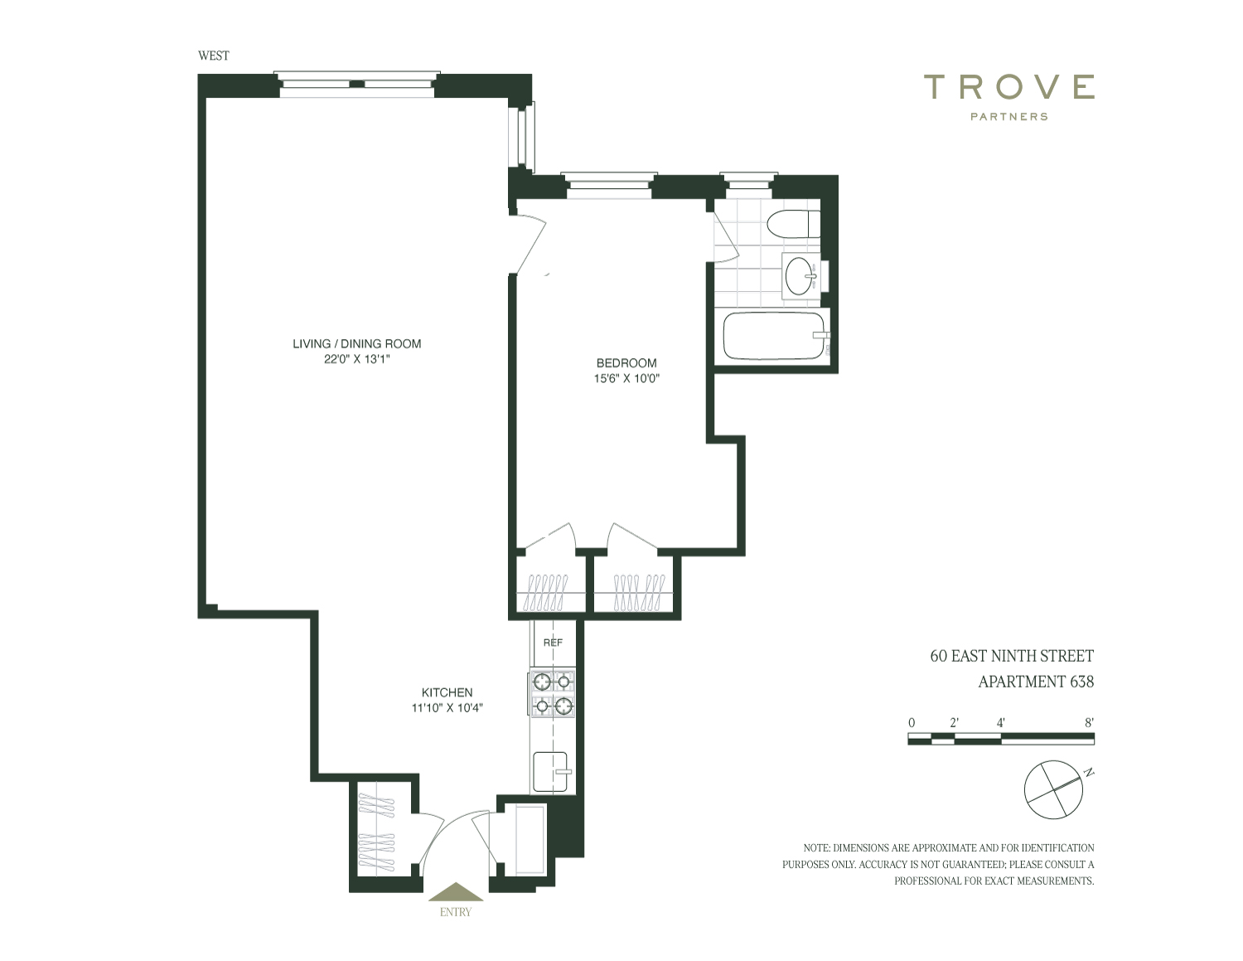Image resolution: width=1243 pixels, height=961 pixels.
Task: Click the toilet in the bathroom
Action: click(x=793, y=225)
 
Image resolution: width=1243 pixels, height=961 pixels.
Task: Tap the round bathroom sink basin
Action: click(x=801, y=276)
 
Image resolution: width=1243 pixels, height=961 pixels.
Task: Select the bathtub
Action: click(x=776, y=335)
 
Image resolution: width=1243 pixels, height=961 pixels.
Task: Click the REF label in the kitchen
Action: click(x=553, y=643)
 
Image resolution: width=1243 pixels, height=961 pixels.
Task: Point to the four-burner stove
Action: click(x=552, y=692)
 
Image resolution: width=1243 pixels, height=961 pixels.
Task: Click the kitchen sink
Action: click(x=551, y=772)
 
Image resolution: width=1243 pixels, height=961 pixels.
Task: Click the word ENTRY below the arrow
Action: click(x=455, y=912)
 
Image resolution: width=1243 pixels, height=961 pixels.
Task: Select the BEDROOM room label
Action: click(x=626, y=363)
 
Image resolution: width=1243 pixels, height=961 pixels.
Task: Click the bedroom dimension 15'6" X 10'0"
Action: click(x=626, y=378)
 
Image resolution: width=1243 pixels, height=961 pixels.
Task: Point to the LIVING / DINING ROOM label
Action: click(x=357, y=343)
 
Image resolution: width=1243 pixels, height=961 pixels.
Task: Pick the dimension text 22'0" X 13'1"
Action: click(x=357, y=360)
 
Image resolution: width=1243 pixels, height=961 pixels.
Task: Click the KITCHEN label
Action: click(x=447, y=692)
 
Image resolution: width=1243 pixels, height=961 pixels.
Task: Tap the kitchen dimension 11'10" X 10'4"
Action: click(x=447, y=708)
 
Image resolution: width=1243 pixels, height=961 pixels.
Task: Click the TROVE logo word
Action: click(x=1009, y=86)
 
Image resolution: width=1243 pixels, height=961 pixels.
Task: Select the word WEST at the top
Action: click(x=213, y=56)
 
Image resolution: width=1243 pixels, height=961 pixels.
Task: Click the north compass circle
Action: click(x=1053, y=790)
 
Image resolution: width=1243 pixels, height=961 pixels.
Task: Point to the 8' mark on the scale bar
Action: click(x=1089, y=723)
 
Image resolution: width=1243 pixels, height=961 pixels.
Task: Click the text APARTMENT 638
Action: click(x=1036, y=682)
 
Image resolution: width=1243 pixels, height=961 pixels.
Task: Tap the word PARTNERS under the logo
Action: click(x=1009, y=117)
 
